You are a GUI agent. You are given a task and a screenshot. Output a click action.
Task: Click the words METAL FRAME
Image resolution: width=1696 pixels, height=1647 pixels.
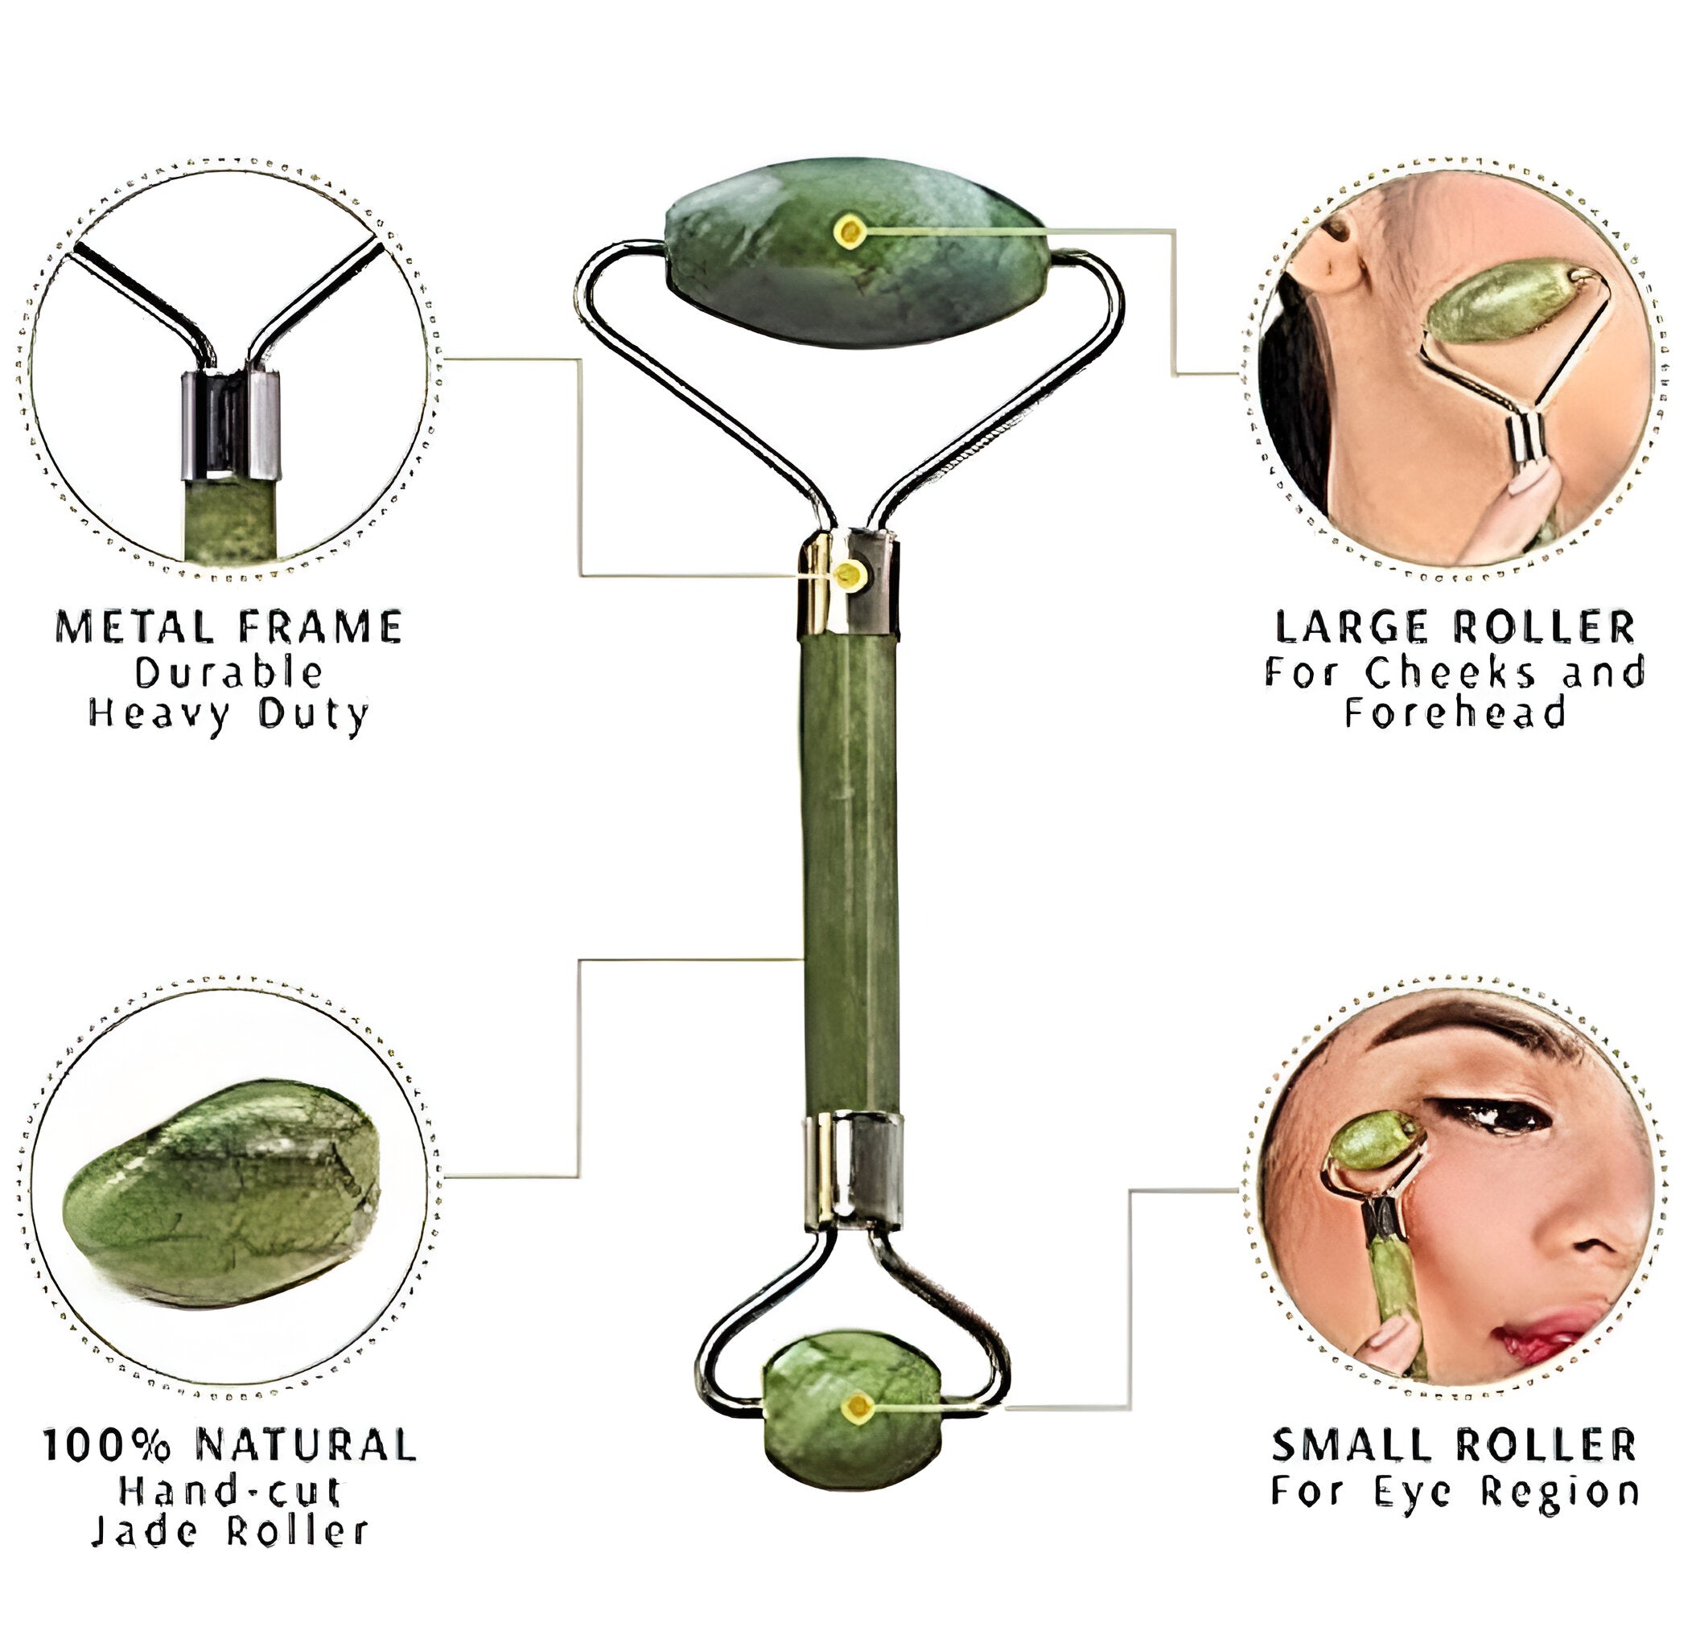click(229, 628)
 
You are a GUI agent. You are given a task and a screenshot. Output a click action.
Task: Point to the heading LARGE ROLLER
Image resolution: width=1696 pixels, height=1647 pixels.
click(1455, 628)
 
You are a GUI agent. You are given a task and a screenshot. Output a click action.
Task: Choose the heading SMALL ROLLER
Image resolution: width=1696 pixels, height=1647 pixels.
click(1455, 1445)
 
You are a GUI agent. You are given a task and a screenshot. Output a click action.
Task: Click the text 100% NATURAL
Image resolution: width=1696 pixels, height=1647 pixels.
click(230, 1445)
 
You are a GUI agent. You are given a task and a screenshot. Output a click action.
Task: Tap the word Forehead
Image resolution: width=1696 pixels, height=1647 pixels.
click(1455, 713)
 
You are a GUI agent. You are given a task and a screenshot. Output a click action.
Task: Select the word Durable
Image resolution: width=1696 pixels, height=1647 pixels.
click(229, 672)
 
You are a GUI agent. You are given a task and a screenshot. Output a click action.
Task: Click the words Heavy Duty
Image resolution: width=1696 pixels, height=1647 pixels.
click(229, 714)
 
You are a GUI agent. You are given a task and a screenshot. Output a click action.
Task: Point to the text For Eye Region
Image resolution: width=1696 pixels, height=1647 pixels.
click(1455, 1490)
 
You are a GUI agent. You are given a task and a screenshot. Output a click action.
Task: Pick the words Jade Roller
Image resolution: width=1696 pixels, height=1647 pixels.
click(230, 1532)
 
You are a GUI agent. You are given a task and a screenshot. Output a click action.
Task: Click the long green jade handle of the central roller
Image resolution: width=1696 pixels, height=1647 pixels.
click(850, 873)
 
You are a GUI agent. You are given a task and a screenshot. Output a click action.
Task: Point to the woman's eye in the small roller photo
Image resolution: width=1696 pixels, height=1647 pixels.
click(1501, 1116)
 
